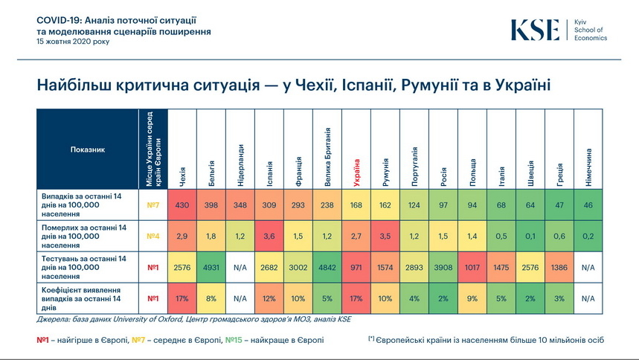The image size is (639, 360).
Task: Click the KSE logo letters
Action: pos(534,30)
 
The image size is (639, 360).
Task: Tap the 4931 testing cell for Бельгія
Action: pos(211,267)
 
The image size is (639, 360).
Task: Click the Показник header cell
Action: pos(88,149)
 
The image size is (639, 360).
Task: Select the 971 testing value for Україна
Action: pos(357,267)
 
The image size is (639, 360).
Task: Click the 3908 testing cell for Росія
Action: pos(444,267)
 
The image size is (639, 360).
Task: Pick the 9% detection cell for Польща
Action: pos(473,298)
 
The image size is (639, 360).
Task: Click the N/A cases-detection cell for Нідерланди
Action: pos(240,298)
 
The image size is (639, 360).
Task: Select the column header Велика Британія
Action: pos(328,156)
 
